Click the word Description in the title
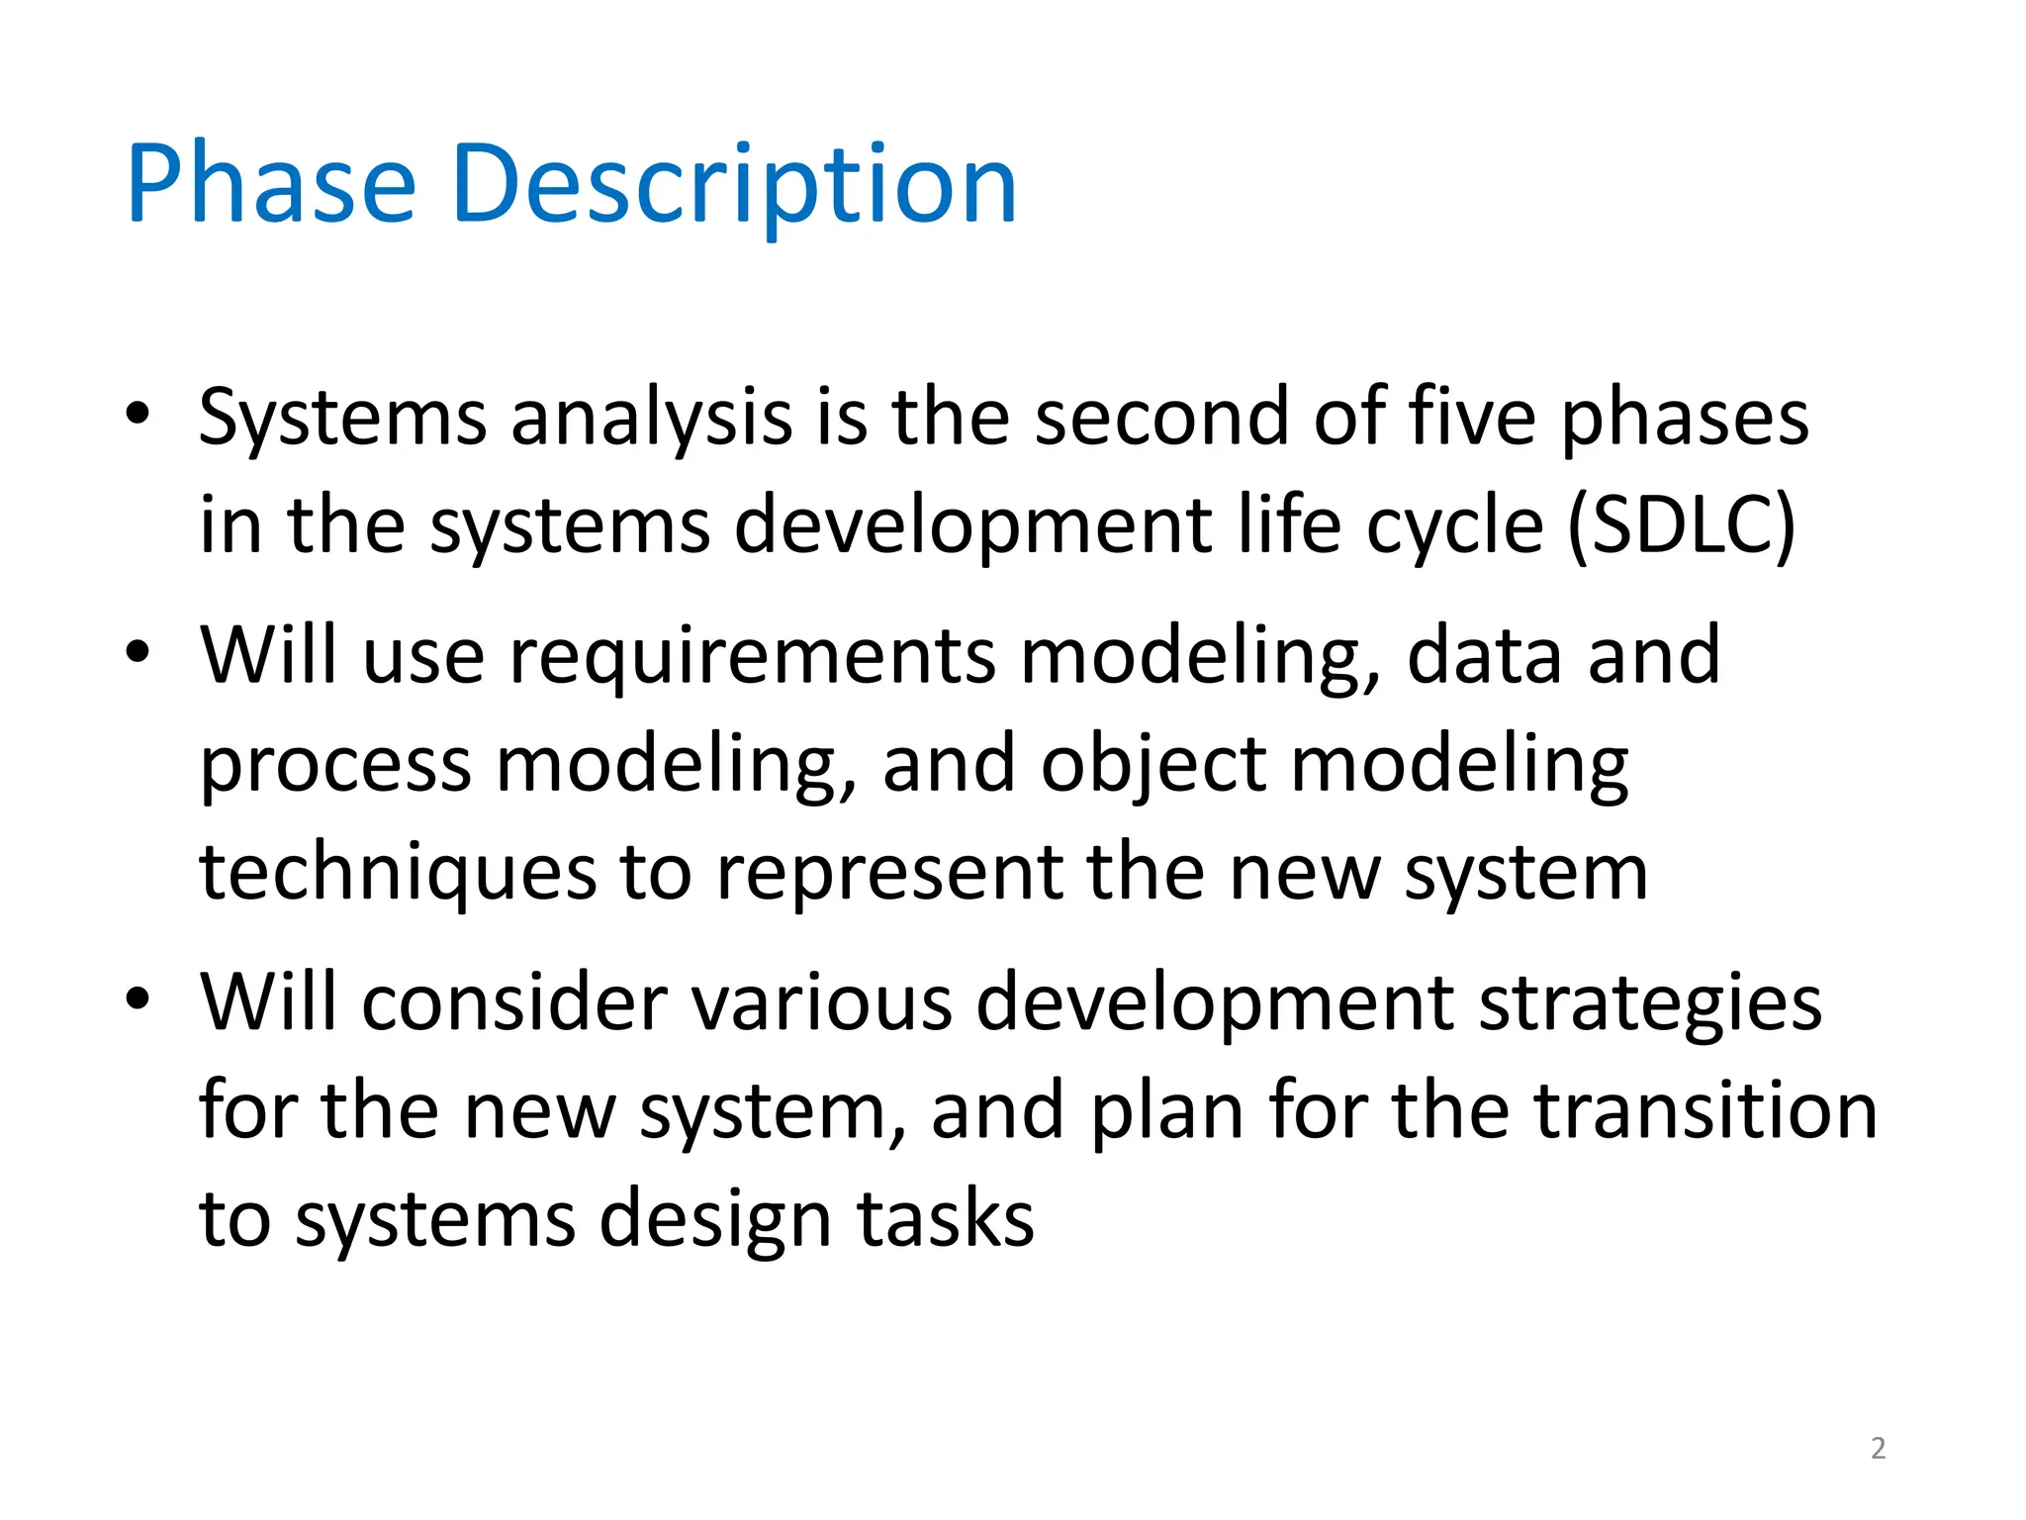[x=733, y=185]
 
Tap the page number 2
[x=1878, y=1449]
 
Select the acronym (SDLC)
[x=1681, y=525]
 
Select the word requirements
[x=752, y=656]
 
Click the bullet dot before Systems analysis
[x=138, y=413]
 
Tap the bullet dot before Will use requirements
[x=138, y=651]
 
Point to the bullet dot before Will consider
[x=138, y=997]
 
